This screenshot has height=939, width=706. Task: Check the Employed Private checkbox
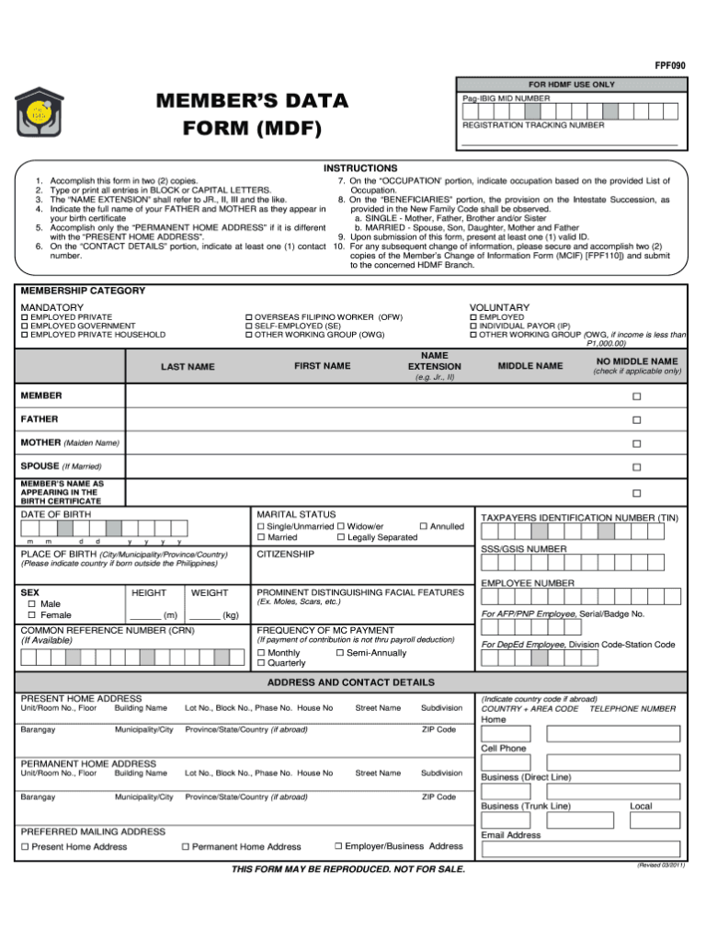[x=25, y=317]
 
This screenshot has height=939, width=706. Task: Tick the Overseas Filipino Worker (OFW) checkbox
[x=248, y=317]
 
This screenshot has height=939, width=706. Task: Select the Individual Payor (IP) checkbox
[x=473, y=326]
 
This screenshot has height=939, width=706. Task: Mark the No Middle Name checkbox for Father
[x=635, y=419]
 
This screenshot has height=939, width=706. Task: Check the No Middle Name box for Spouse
[x=635, y=467]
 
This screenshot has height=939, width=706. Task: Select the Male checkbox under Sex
[x=32, y=603]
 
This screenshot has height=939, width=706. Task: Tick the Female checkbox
[x=32, y=615]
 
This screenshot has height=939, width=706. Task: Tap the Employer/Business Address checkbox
[x=338, y=845]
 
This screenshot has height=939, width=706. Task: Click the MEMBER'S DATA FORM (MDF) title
[x=249, y=113]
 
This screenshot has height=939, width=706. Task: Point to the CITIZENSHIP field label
[x=285, y=555]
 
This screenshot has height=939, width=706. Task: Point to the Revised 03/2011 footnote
[x=660, y=865]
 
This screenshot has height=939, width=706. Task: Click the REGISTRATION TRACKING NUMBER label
[x=533, y=124]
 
